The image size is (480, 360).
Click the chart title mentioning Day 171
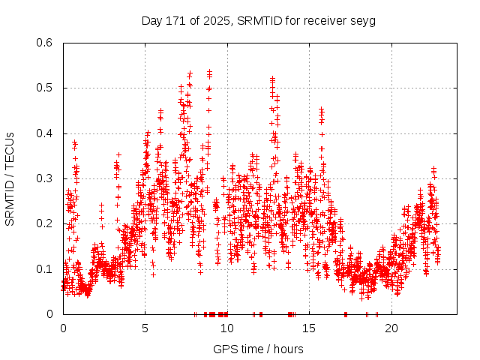click(259, 20)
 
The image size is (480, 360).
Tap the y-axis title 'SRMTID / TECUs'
click(10, 178)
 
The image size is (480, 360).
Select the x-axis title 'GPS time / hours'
click(258, 349)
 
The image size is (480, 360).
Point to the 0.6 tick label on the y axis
click(46, 43)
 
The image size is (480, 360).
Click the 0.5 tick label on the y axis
click(46, 88)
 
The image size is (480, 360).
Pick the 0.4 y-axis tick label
click(46, 133)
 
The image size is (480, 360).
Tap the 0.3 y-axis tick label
click(46, 178)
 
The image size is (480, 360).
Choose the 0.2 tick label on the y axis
click(46, 223)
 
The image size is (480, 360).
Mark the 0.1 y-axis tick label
click(46, 268)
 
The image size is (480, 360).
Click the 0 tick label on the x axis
click(63, 328)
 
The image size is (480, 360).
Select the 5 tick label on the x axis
click(145, 328)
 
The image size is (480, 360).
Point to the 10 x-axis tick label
click(227, 328)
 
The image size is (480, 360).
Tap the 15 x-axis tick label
click(309, 328)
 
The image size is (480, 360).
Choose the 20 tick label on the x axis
click(391, 328)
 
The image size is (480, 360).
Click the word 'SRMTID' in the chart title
click(257, 20)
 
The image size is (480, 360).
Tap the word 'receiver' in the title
click(325, 20)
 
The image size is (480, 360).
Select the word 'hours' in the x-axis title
click(288, 349)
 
